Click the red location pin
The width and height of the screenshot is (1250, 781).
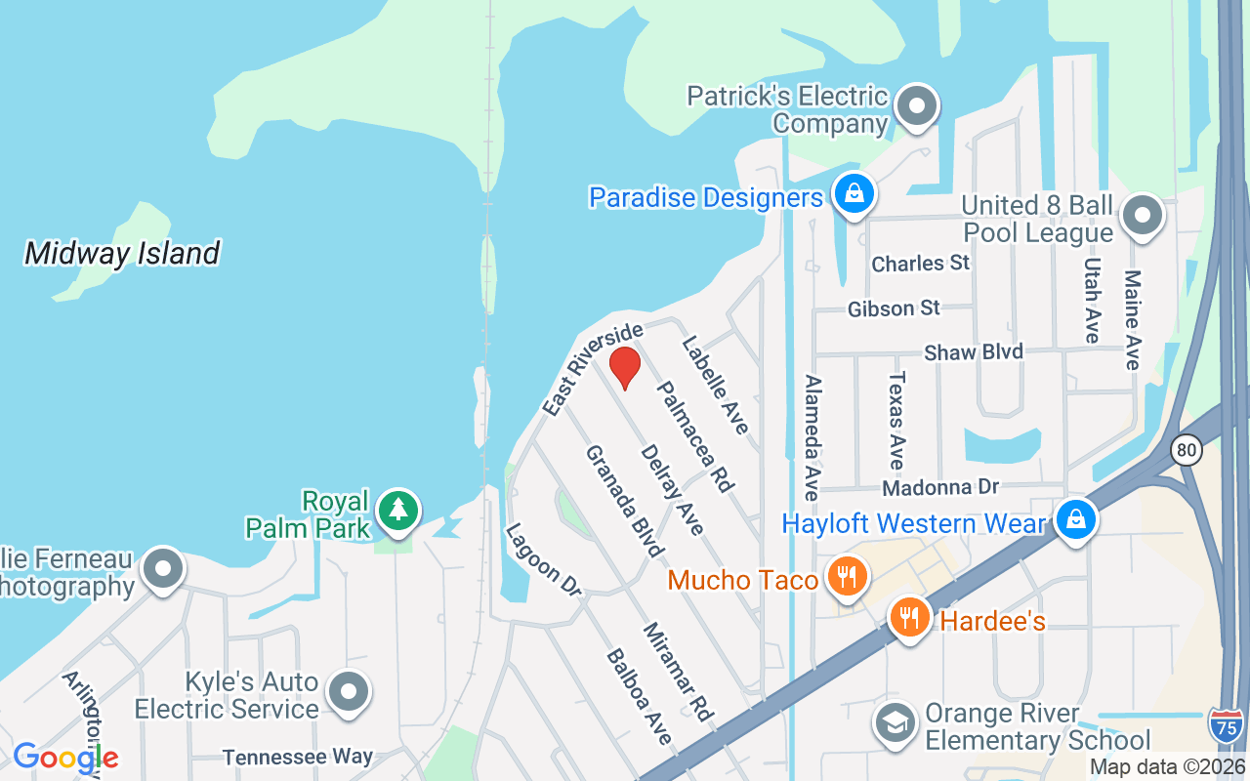pyautogui.click(x=625, y=367)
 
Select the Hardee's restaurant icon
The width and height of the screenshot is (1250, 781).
pyautogui.click(x=909, y=618)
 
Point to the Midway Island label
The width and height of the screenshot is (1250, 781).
pyautogui.click(x=122, y=254)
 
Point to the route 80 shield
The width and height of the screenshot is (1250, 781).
pyautogui.click(x=1187, y=450)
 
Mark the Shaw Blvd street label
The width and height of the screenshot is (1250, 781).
pyautogui.click(x=973, y=352)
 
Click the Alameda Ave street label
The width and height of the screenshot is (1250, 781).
pyautogui.click(x=812, y=436)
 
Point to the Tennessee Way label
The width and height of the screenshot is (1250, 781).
pyautogui.click(x=297, y=757)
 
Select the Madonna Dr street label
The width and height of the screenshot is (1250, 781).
pyautogui.click(x=941, y=486)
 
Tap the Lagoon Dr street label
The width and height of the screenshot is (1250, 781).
pyautogui.click(x=543, y=559)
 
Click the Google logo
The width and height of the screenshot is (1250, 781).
pyautogui.click(x=65, y=757)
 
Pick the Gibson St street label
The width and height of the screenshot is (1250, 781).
pyautogui.click(x=894, y=308)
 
